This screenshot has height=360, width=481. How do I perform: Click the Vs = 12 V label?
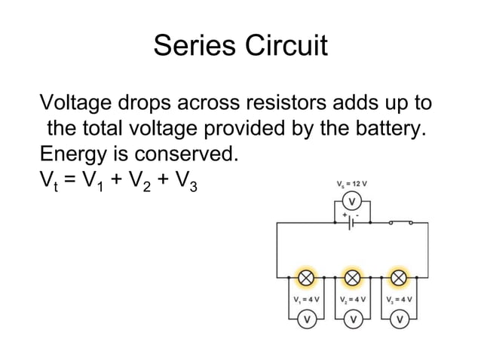(351, 183)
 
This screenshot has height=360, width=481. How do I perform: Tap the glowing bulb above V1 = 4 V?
(306, 279)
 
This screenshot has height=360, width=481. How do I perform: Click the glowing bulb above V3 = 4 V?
(398, 279)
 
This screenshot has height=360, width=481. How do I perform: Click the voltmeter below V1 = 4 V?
(306, 320)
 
